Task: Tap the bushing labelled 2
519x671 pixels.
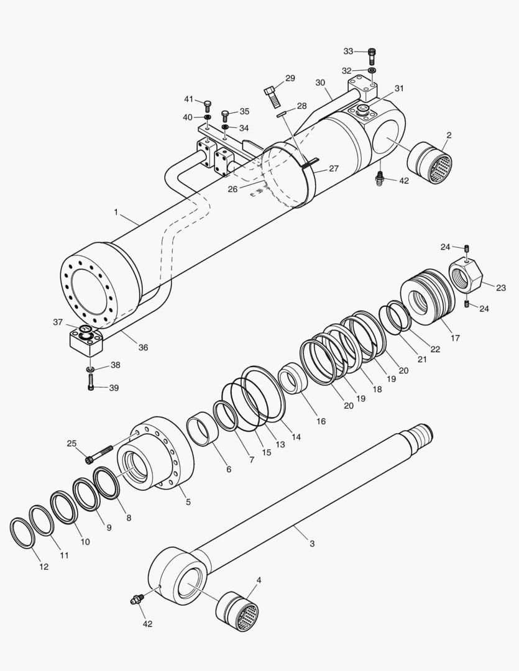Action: point(429,163)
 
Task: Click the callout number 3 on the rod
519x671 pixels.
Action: point(312,544)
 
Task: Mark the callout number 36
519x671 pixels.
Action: point(143,347)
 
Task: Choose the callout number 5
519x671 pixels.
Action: point(188,501)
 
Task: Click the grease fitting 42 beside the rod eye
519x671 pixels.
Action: point(135,600)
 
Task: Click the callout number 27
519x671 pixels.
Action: point(334,168)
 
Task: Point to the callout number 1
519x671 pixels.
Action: point(116,212)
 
